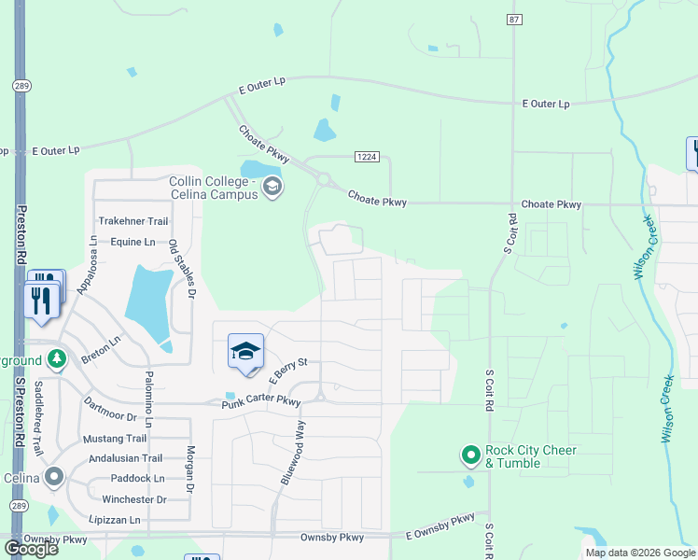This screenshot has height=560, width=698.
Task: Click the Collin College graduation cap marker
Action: pyautogui.click(x=272, y=187)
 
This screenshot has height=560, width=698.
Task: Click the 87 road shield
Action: pyautogui.click(x=512, y=19)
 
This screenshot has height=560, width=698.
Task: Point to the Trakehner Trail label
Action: pyautogui.click(x=133, y=222)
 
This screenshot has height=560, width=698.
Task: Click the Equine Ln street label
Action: pyautogui.click(x=133, y=242)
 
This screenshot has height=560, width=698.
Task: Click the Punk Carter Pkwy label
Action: pyautogui.click(x=261, y=402)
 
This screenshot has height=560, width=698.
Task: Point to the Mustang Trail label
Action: pyautogui.click(x=116, y=439)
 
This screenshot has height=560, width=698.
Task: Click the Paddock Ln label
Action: pyautogui.click(x=133, y=479)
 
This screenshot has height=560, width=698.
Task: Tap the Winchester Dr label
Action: pyautogui.click(x=133, y=499)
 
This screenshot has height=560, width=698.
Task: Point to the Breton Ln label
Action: pyautogui.click(x=101, y=349)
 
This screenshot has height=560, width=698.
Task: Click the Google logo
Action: pyautogui.click(x=31, y=549)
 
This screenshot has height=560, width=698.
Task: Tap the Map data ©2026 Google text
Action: pyautogui.click(x=640, y=553)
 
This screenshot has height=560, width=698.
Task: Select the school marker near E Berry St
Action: pyautogui.click(x=245, y=352)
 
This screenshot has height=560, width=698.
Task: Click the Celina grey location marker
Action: pyautogui.click(x=54, y=477)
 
